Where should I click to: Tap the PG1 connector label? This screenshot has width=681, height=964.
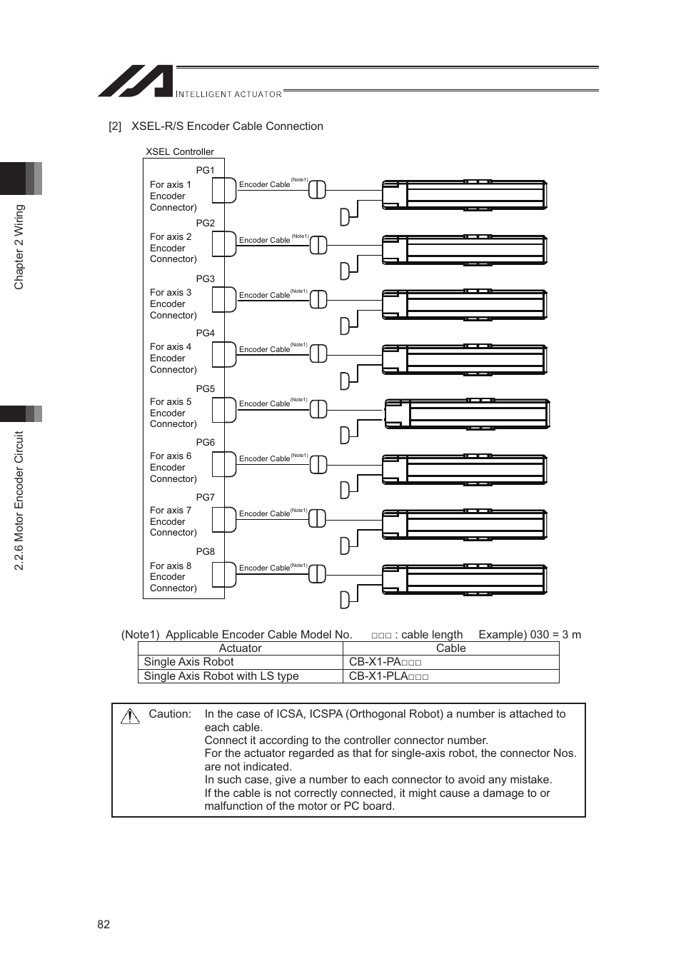point(205,170)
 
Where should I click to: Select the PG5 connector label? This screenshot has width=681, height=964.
point(205,388)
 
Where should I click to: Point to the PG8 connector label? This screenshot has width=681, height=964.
point(205,551)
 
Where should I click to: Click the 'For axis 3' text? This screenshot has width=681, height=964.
point(171,292)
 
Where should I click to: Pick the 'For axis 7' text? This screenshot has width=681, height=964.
point(171,510)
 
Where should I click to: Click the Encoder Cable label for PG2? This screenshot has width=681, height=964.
point(264,240)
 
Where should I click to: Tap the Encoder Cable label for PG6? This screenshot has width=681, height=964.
point(264,458)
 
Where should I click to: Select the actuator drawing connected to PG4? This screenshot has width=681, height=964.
point(464,359)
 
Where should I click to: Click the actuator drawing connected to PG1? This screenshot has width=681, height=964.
point(464,195)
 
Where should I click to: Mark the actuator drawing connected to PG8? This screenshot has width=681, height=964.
point(464,579)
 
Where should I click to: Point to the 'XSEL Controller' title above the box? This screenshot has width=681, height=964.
point(180,151)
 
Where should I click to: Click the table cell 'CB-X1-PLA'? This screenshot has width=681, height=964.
point(388,676)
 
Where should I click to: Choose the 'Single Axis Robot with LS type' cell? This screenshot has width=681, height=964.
point(221,676)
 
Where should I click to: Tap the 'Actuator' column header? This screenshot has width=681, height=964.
point(240,648)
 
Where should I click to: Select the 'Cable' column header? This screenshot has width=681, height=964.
point(450,648)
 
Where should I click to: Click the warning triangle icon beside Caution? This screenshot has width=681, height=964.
point(130,716)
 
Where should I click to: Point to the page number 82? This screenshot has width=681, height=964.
point(104,924)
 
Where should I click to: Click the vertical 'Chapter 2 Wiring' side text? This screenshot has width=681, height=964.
point(19,247)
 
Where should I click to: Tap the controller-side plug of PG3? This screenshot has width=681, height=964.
point(225,299)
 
